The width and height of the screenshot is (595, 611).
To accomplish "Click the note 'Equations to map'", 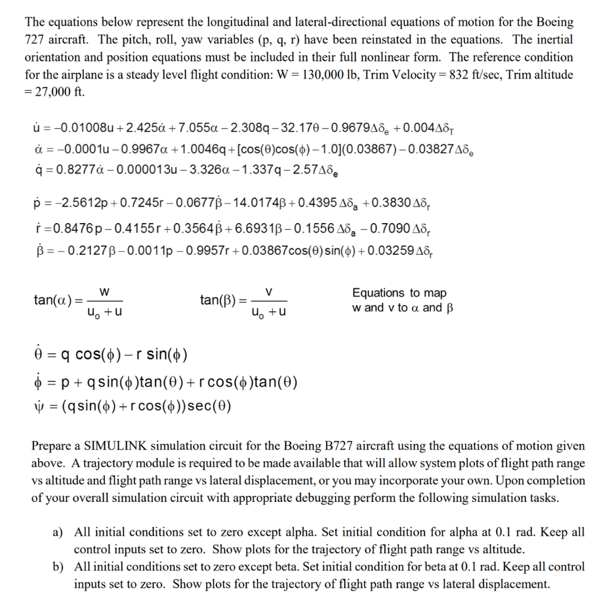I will click(399, 292).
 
